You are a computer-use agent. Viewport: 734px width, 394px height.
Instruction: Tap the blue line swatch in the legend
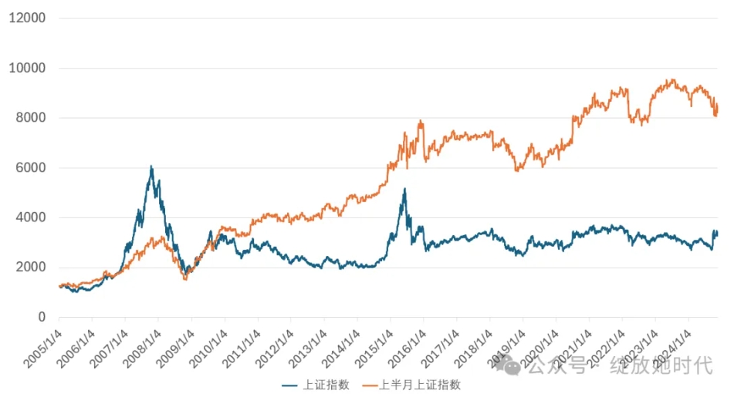click(290, 384)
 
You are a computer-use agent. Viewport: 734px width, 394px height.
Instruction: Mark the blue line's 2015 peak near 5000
click(404, 189)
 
